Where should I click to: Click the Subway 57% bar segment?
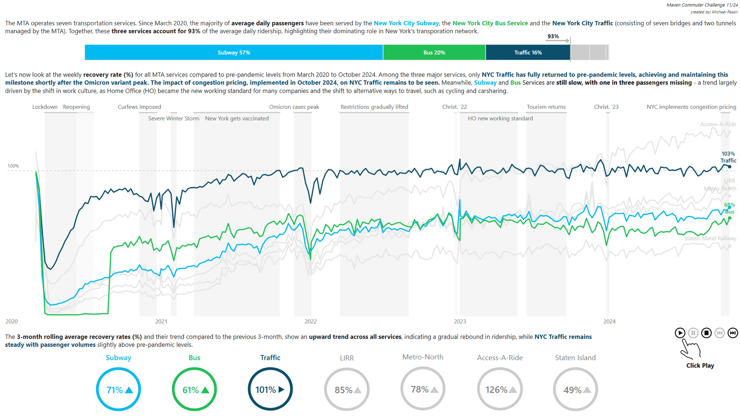pos(234,52)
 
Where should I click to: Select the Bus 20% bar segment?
pos(434,52)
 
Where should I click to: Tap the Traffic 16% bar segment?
pos(528,52)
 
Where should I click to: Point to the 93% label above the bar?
pos(553,37)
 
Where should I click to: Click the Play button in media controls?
pos(680,333)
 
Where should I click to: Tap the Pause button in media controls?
pos(693,333)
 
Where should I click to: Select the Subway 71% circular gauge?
pos(119,389)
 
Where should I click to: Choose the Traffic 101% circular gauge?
pos(270,389)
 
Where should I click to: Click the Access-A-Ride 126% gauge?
pos(500,389)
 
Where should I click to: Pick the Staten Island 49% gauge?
pos(575,389)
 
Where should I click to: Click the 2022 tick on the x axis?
pos(310,321)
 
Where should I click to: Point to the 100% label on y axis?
pos(13,166)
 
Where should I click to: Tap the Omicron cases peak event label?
pos(294,107)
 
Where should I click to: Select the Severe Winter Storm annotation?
pos(173,119)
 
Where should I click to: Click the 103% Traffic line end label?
pos(728,157)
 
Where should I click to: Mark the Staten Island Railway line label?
pos(710,239)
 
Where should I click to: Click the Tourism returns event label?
pos(546,107)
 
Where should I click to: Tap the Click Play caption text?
pos(700,365)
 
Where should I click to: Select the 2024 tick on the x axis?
pos(609,321)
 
